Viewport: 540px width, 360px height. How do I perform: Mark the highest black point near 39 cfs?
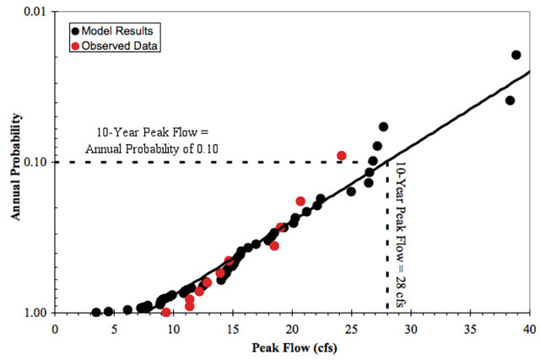(x=516, y=55)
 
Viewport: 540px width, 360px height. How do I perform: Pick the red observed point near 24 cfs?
(x=342, y=156)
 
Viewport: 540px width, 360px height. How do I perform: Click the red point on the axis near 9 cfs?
(x=166, y=313)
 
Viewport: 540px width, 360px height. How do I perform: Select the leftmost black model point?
(x=96, y=312)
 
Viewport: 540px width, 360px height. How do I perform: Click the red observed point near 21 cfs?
(x=300, y=201)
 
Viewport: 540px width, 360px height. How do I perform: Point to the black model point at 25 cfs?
(x=351, y=191)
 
